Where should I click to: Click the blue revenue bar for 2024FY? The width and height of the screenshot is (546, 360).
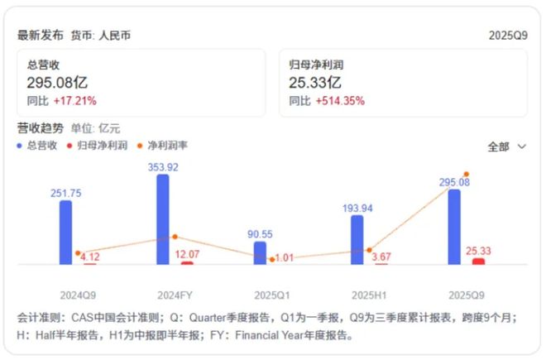(163, 219)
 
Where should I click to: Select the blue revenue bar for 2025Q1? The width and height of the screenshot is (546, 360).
(260, 252)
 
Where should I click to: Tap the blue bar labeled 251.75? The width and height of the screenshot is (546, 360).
(65, 233)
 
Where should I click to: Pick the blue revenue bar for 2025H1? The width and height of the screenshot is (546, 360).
(357, 240)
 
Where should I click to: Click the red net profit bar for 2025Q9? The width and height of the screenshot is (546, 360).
(478, 262)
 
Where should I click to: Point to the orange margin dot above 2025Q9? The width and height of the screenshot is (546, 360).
(467, 174)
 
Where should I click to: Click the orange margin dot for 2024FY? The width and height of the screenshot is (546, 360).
(175, 238)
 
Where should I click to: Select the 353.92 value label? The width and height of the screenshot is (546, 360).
(163, 166)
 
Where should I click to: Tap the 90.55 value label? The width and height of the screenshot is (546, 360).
(260, 234)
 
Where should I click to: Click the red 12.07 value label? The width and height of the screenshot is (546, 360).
(190, 253)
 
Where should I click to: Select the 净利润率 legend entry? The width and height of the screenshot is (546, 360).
(163, 146)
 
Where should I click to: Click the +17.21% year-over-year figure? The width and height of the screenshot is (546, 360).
(75, 101)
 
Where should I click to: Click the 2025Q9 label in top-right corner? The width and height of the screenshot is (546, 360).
(508, 36)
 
